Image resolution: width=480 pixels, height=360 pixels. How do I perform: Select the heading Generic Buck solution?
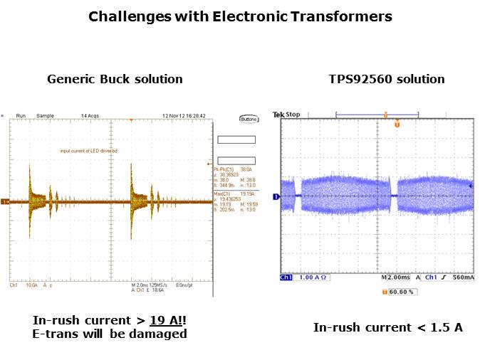pyautogui.click(x=115, y=79)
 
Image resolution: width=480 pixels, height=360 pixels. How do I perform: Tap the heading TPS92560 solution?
pyautogui.click(x=387, y=79)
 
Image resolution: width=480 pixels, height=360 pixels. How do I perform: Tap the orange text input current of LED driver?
pyautogui.click(x=90, y=151)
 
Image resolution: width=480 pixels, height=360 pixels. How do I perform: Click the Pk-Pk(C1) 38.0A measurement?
pyautogui.click(x=234, y=170)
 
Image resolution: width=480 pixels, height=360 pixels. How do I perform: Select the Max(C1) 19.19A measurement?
pyautogui.click(x=233, y=194)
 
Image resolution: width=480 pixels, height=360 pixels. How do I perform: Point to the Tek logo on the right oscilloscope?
pyautogui.click(x=278, y=114)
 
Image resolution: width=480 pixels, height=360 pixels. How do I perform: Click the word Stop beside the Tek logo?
pyautogui.click(x=293, y=114)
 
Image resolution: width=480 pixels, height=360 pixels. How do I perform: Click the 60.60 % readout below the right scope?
pyautogui.click(x=402, y=292)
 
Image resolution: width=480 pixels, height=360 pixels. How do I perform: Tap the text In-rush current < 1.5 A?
pyautogui.click(x=387, y=327)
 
